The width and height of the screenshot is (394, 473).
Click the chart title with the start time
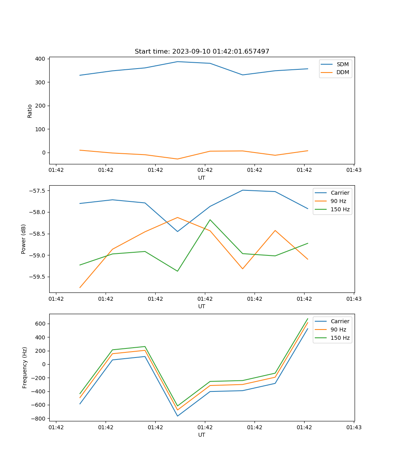click(202, 52)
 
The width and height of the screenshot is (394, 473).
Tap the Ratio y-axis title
click(30, 111)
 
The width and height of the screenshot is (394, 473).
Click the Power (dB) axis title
click(24, 239)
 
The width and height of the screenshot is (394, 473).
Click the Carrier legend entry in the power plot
click(340, 193)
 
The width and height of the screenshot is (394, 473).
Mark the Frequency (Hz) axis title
click(25, 367)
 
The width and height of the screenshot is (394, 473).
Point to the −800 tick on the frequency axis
click(39, 419)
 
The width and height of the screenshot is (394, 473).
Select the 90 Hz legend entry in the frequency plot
click(338, 330)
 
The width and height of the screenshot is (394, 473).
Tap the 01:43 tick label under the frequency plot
click(353, 427)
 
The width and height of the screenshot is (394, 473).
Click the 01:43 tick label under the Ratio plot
click(353, 170)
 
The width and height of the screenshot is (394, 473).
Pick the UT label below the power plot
click(202, 306)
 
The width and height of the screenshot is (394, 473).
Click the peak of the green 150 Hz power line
click(210, 220)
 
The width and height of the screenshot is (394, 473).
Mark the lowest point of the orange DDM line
click(177, 159)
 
